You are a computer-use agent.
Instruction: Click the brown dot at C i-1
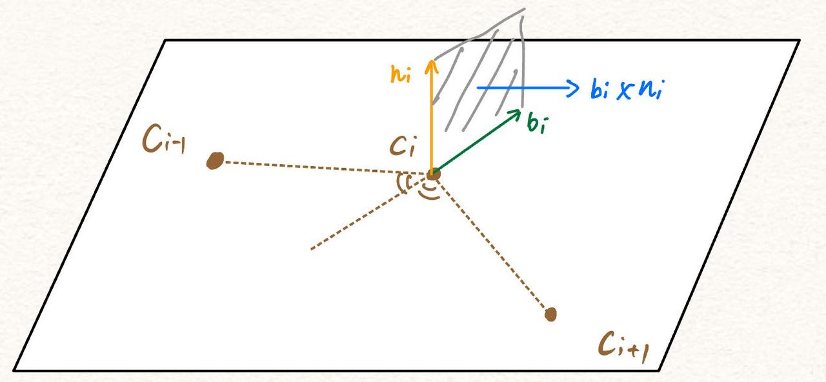point(214,160)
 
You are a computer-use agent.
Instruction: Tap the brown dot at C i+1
point(550,314)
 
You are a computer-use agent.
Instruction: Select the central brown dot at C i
point(433,173)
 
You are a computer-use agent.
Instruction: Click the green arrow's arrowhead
point(516,114)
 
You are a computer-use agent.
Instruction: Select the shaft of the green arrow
point(474,145)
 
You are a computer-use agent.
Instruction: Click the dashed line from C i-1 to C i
point(323,167)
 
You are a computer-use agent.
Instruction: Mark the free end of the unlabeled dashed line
point(312,249)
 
